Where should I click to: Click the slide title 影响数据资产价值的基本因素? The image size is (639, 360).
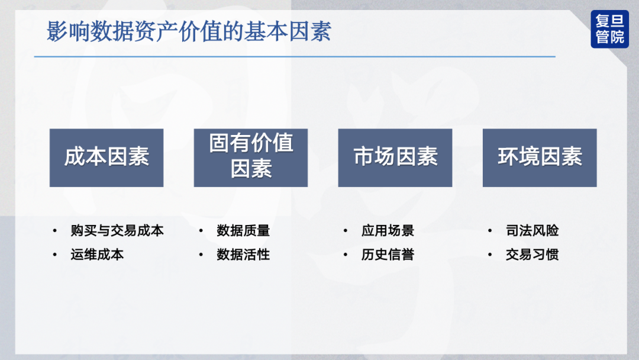pyautogui.click(x=189, y=31)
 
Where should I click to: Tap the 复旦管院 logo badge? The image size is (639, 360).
pyautogui.click(x=609, y=29)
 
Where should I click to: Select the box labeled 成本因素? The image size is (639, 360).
pyautogui.click(x=106, y=157)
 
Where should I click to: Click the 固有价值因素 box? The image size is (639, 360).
pyautogui.click(x=251, y=157)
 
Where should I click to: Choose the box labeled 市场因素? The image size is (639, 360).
pyautogui.click(x=395, y=157)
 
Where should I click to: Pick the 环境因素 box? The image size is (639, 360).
pyautogui.click(x=540, y=157)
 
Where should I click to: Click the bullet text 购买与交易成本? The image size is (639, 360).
pyautogui.click(x=117, y=231)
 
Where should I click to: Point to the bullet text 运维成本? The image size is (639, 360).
pyautogui.click(x=97, y=255)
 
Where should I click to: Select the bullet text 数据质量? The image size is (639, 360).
pyautogui.click(x=243, y=231)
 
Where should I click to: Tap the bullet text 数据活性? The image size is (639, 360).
pyautogui.click(x=243, y=255)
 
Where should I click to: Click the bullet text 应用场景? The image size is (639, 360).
pyautogui.click(x=388, y=231)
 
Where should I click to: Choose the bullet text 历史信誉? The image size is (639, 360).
pyautogui.click(x=388, y=255)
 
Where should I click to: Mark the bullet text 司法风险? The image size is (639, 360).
pyautogui.click(x=532, y=231)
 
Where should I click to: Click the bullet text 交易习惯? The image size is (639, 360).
pyautogui.click(x=532, y=255)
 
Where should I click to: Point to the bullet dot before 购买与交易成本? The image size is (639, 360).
pyautogui.click(x=55, y=231)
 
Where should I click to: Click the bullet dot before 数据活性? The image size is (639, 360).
pyautogui.click(x=201, y=255)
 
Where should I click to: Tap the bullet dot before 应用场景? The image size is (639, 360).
pyautogui.click(x=346, y=231)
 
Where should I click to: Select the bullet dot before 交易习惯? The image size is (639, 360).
pyautogui.click(x=490, y=255)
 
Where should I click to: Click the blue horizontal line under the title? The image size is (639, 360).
pyautogui.click(x=295, y=57)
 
